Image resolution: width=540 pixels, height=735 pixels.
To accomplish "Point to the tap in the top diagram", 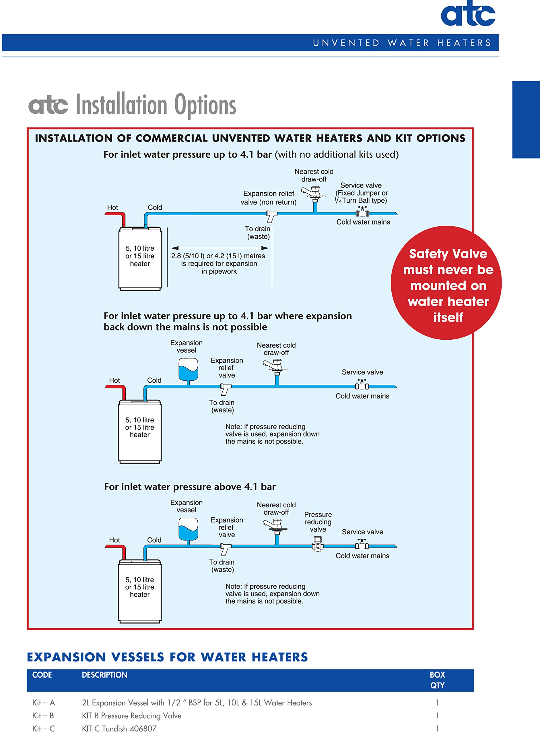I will click(313, 193).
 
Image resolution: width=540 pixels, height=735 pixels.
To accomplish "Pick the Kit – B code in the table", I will click(43, 715).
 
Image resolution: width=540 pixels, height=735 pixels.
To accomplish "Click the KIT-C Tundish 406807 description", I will click(119, 728).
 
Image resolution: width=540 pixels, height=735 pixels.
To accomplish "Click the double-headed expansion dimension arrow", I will click(220, 248).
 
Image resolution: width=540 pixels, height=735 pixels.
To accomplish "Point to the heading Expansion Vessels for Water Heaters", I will click(167, 657).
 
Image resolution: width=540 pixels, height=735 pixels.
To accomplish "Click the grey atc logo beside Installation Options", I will click(48, 105).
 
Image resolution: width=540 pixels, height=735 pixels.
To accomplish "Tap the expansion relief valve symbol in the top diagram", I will click(271, 216).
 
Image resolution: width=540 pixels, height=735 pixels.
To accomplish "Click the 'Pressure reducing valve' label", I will click(318, 522).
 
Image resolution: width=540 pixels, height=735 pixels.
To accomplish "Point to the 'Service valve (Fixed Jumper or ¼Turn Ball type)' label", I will click(361, 193).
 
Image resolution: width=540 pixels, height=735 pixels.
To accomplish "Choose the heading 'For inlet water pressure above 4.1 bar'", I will click(190, 487).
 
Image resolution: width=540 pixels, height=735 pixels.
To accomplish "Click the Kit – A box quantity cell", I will click(437, 702).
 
